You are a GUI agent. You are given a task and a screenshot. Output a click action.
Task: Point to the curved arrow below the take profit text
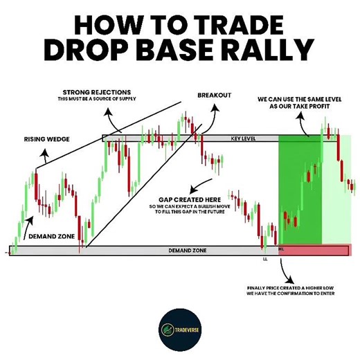pyautogui.click(x=305, y=122)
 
